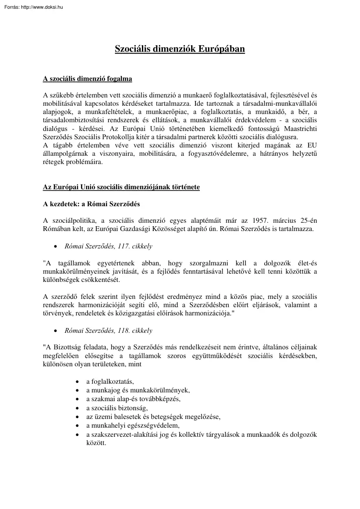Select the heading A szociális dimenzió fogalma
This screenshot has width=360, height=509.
point(87,79)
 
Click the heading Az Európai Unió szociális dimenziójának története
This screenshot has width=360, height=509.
point(121,187)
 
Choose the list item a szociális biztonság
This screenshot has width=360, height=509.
point(117,408)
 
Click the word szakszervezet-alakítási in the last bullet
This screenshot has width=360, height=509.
point(123,435)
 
